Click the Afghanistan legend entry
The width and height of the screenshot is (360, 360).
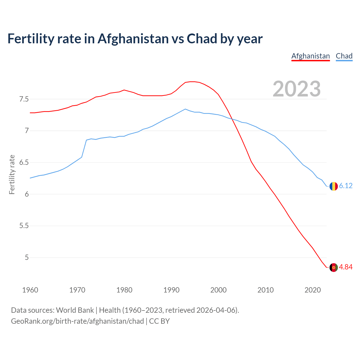pos(310,56)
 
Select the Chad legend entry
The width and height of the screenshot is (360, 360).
pos(344,56)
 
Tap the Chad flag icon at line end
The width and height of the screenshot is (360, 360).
pos(334,186)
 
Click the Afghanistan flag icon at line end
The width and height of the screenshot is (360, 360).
pos(334,267)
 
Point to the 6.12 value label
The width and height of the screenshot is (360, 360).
pos(346,186)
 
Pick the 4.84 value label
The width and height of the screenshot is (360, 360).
pos(346,267)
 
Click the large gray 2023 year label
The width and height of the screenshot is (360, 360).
pos(297,89)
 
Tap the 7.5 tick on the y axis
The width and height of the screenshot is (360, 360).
pos(24,99)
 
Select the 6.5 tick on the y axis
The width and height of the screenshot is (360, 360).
pos(24,163)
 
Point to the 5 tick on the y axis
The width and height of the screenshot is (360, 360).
pos(27,258)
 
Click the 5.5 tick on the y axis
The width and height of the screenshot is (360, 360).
pos(24,226)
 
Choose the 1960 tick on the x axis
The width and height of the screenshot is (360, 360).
pos(30,290)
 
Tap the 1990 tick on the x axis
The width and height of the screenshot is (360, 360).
pos(171,290)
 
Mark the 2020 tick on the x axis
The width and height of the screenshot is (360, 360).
pos(312,290)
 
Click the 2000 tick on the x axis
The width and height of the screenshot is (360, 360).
pos(219,290)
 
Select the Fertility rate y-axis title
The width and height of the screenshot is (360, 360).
pos(12,174)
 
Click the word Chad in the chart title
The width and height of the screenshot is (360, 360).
pos(202,39)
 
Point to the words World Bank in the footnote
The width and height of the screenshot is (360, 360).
pos(75,310)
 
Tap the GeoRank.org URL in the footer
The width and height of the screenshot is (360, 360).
pos(77,321)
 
